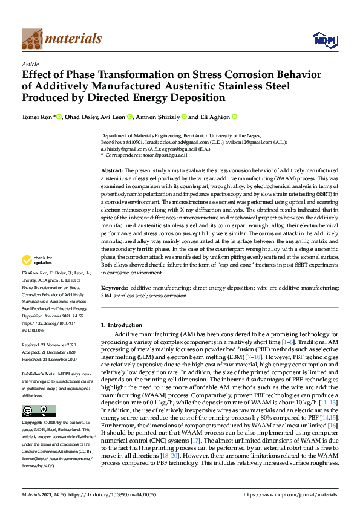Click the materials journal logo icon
click(32, 39)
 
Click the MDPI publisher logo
click(324, 40)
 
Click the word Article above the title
click(30, 64)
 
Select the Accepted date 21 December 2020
click(47, 351)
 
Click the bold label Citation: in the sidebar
click(31, 290)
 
